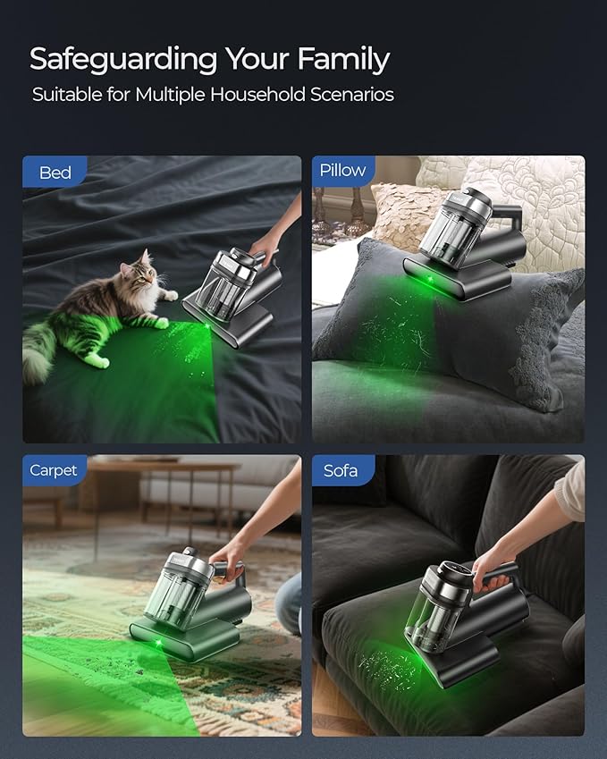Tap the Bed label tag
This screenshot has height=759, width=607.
55,173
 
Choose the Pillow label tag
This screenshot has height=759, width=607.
342,171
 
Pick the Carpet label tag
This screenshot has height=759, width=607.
54,470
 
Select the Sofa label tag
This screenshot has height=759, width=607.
341,470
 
